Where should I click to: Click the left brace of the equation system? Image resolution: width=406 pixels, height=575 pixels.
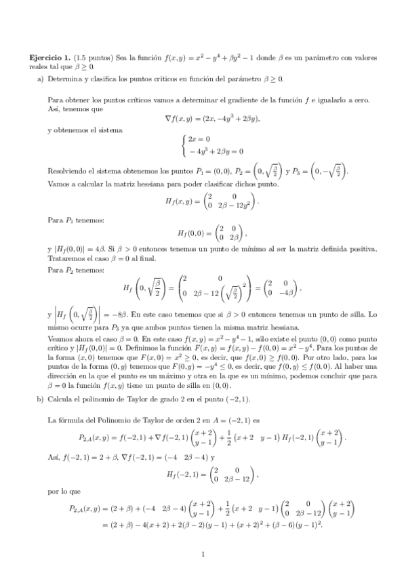tap(184, 144)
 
